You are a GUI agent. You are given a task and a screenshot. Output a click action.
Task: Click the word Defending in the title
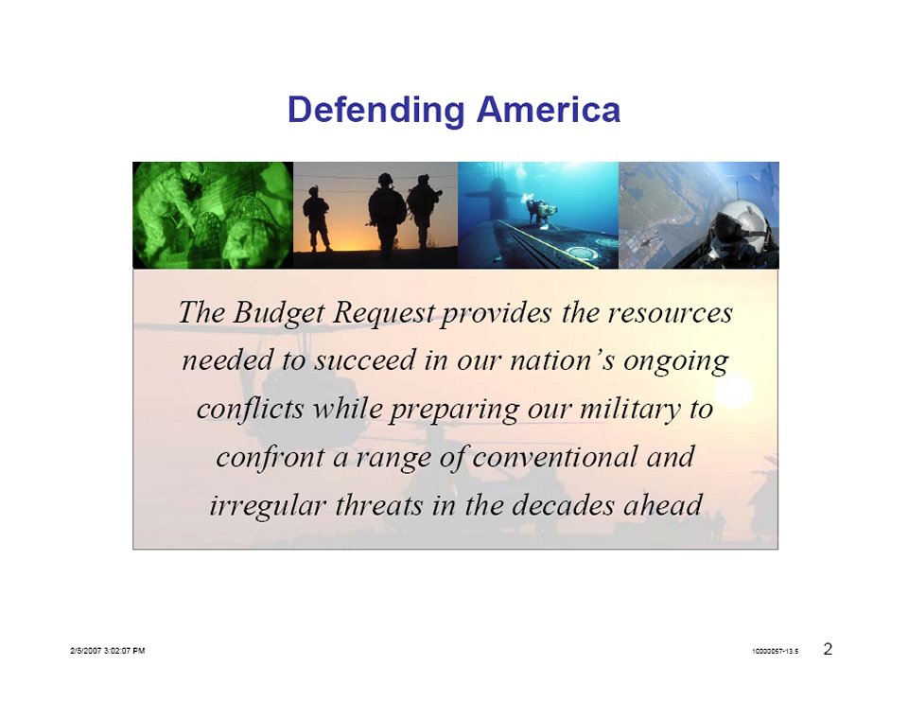point(375,110)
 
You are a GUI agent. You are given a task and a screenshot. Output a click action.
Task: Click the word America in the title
point(549,109)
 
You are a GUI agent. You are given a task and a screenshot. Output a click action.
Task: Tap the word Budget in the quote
point(278,313)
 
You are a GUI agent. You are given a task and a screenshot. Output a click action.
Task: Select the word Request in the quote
point(383,314)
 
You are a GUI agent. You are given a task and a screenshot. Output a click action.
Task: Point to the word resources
point(670,313)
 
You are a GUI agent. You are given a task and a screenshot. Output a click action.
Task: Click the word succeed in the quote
point(365,359)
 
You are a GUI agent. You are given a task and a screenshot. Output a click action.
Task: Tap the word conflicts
point(251,408)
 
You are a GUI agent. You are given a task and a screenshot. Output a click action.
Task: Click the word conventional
point(555,457)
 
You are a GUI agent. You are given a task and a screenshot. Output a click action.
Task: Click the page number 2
point(829,649)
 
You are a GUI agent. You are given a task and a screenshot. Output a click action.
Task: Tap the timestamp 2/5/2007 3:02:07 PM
point(108,651)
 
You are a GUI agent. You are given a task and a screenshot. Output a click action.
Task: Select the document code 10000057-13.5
point(775,651)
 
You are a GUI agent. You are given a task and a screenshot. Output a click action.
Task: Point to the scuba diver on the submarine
point(540,210)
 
